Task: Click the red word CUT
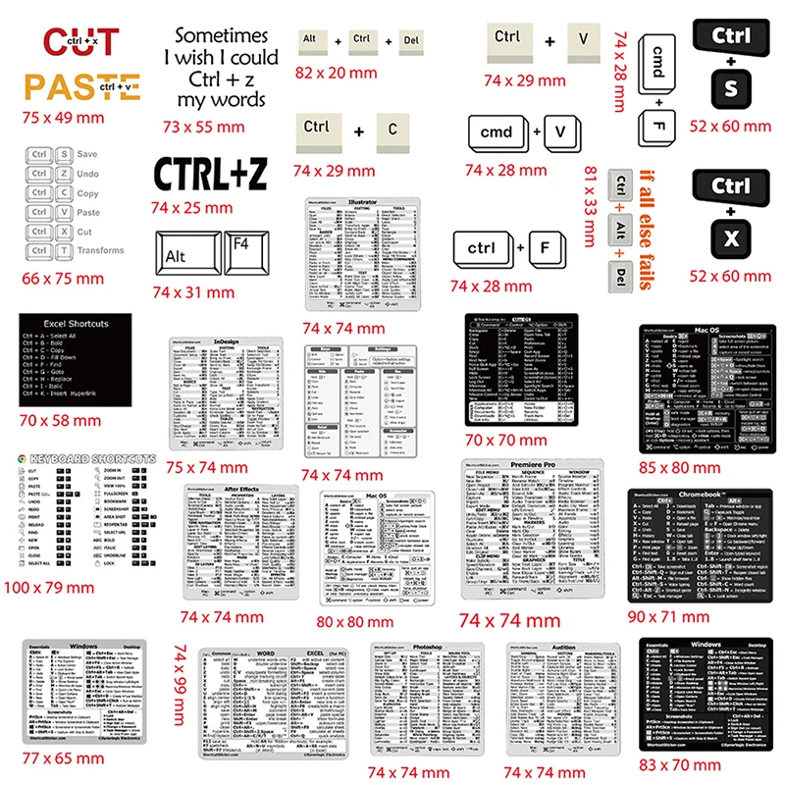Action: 81,42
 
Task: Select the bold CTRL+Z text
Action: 210,175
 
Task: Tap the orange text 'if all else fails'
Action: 646,231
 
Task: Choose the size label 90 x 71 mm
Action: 682,615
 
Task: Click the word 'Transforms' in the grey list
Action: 101,250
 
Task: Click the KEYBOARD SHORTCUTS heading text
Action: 93,458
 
